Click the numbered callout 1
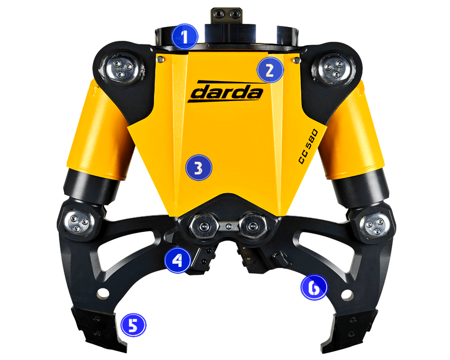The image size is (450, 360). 185,37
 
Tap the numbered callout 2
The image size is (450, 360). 270,70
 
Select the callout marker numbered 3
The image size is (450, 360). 199,168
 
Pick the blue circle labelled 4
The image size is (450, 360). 178,260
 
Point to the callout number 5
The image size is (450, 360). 133,325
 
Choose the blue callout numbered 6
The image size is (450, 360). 314,287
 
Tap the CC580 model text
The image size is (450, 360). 308,147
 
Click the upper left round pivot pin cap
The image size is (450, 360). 122,68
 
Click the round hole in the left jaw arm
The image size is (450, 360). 103,293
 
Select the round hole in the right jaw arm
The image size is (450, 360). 347,294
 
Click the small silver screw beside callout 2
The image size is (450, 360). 298,60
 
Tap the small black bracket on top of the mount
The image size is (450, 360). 227,15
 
